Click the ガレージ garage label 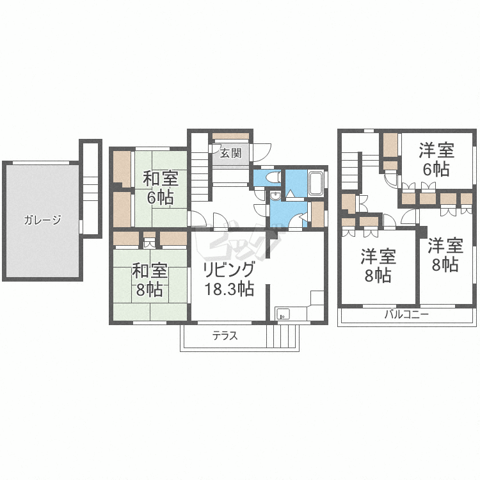click(42, 220)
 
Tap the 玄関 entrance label click(230, 154)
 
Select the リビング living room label click(229, 270)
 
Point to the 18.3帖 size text click(229, 289)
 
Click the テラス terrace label click(225, 336)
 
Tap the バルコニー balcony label click(406, 314)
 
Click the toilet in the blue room click(273, 177)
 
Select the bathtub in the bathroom click(316, 184)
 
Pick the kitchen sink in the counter click(283, 314)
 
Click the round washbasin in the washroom click(276, 196)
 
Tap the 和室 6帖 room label click(161, 188)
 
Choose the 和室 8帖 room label click(149, 280)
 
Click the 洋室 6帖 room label click(436, 159)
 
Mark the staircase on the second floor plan click(350, 171)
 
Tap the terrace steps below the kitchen click(282, 336)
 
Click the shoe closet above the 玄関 click(230, 136)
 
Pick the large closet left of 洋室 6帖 click(390, 145)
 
